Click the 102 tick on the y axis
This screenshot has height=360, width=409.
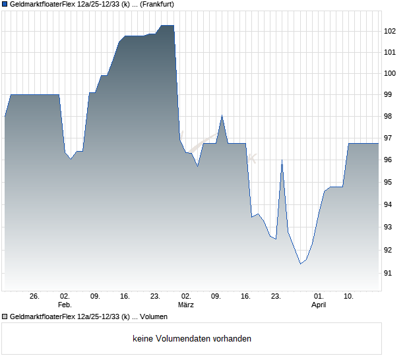pos(390,31)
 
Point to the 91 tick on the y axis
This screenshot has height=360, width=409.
pos(389,273)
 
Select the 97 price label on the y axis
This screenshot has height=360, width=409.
pos(389,138)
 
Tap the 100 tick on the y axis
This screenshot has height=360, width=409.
pos(390,73)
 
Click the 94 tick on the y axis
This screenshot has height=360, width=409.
pos(389,205)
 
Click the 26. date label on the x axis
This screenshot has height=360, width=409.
pos(35,297)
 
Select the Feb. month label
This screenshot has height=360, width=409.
pos(65,305)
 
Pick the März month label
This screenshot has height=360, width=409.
pos(186,305)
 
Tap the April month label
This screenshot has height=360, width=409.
pos(319,305)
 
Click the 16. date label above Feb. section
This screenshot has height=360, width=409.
pos(125,297)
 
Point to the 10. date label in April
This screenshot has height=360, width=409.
pos(348,297)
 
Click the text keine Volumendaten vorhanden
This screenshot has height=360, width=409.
pos(192,339)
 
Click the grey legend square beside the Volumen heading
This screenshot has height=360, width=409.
pos(5,316)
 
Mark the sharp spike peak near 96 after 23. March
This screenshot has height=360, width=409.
pos(282,160)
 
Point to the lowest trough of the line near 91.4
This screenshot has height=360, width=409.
pos(300,264)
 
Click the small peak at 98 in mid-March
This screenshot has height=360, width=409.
pos(222,116)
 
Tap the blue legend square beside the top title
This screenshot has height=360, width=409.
pos(5,4)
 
